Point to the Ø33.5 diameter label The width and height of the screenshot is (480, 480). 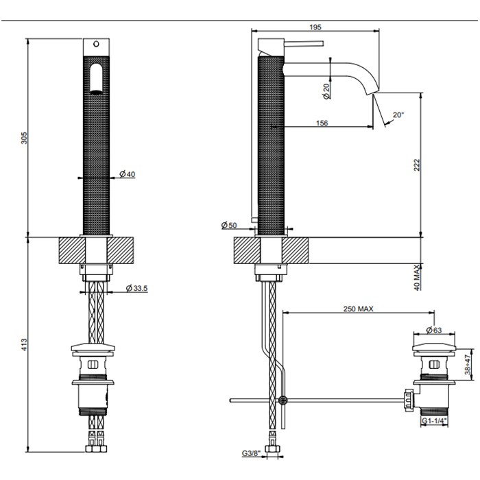137,288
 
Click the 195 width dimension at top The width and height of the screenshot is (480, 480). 315,27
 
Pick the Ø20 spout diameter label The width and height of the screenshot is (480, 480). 326,91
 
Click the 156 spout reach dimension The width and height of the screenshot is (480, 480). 321,123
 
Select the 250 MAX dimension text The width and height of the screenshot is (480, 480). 358,309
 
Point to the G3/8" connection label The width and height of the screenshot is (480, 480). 251,453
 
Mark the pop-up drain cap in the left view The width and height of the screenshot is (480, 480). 96,349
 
